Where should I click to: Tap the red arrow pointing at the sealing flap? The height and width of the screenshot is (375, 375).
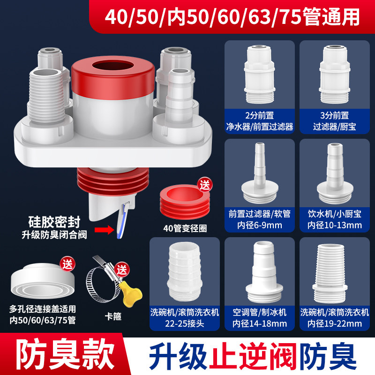[x=105, y=230]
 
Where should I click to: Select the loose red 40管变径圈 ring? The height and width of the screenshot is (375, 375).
[x=185, y=202]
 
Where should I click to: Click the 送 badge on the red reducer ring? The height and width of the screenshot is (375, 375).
[x=205, y=185]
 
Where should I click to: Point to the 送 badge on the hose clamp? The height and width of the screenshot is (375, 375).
[x=122, y=270]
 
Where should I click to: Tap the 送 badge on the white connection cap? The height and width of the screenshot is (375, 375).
[x=67, y=264]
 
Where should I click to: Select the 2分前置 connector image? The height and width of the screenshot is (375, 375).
[x=259, y=75]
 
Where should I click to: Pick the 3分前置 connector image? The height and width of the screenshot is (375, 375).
[x=334, y=75]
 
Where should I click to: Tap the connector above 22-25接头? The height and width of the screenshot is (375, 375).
[x=184, y=271]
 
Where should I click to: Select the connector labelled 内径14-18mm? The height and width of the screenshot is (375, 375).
[x=264, y=272]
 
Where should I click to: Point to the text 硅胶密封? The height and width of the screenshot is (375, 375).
[x=54, y=222]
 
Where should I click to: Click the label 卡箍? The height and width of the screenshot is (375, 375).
[x=113, y=316]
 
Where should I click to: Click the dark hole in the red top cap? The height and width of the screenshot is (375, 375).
[x=112, y=66]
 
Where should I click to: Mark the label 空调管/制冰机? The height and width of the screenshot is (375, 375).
[x=260, y=312]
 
